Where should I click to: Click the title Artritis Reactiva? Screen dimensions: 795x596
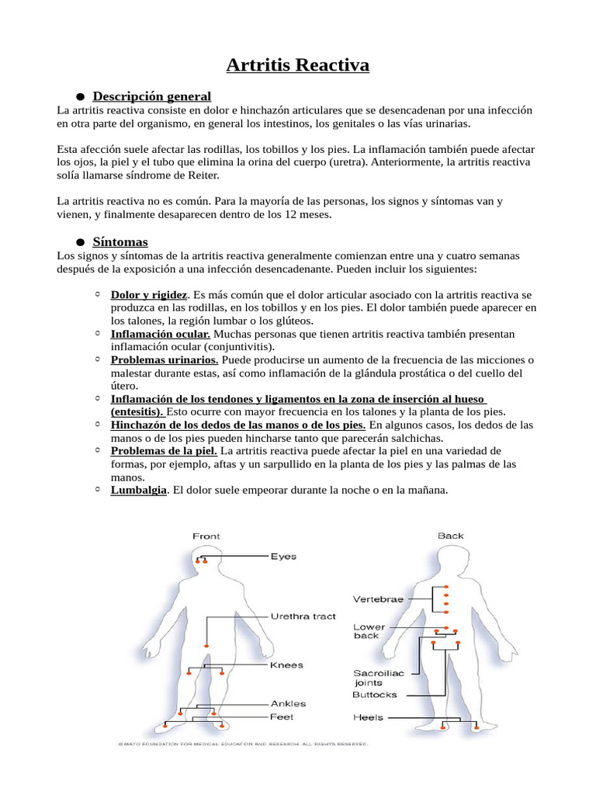[297, 64]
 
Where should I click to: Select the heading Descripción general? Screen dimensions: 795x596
[151, 96]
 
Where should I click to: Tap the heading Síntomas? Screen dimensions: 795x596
[120, 242]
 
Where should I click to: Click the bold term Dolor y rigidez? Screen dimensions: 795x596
[148, 295]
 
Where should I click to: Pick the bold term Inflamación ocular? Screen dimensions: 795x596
[161, 334]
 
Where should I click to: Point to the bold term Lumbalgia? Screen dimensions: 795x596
[139, 490]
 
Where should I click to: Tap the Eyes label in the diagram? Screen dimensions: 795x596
[283, 557]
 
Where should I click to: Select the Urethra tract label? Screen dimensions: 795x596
[303, 616]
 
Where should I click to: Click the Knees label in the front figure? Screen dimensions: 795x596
[286, 665]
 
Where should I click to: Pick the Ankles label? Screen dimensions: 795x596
[288, 703]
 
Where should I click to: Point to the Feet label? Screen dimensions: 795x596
[282, 717]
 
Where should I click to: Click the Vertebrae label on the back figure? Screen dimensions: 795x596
[378, 599]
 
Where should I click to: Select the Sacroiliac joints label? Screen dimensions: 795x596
[373, 678]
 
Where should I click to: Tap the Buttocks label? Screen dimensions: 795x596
[375, 695]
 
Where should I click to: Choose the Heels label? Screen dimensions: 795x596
[368, 717]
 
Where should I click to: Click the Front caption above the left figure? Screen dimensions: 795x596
[206, 536]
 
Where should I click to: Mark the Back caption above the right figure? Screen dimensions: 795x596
[451, 536]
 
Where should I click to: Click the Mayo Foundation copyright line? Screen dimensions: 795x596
[242, 744]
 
